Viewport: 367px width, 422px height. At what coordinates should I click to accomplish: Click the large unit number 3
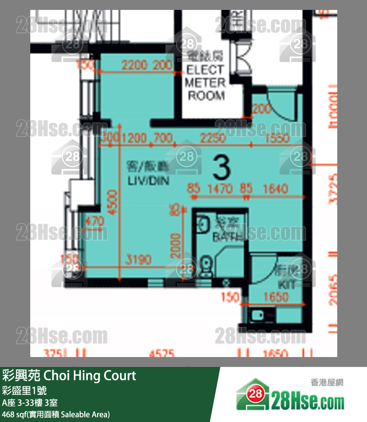click(x=221, y=168)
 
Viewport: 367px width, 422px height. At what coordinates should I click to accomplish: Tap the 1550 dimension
click(x=277, y=138)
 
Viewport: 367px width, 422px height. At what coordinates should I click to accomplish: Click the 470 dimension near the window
click(x=94, y=221)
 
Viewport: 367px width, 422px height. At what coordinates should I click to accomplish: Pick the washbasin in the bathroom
click(x=203, y=225)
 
